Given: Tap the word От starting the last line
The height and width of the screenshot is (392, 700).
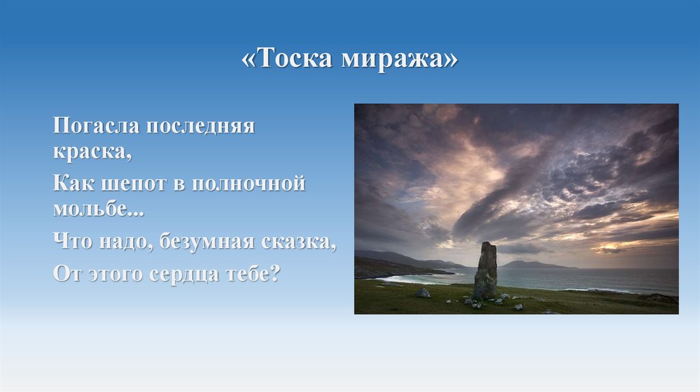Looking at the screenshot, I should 66,273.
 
